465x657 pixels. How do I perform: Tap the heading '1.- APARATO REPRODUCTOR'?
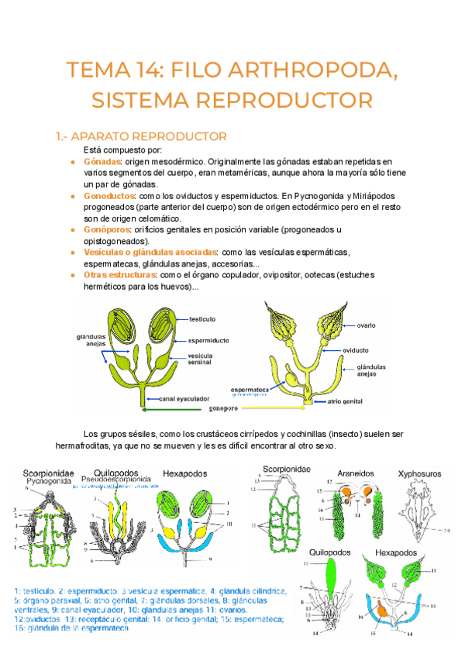point(141,137)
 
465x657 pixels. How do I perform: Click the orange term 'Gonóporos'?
point(107,230)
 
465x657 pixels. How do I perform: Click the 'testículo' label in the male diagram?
point(201,318)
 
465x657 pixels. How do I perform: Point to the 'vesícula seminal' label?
point(200,359)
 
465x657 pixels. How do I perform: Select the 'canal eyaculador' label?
point(184,399)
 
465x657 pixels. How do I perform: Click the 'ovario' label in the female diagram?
point(367,325)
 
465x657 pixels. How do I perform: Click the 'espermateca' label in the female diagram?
point(247,389)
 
